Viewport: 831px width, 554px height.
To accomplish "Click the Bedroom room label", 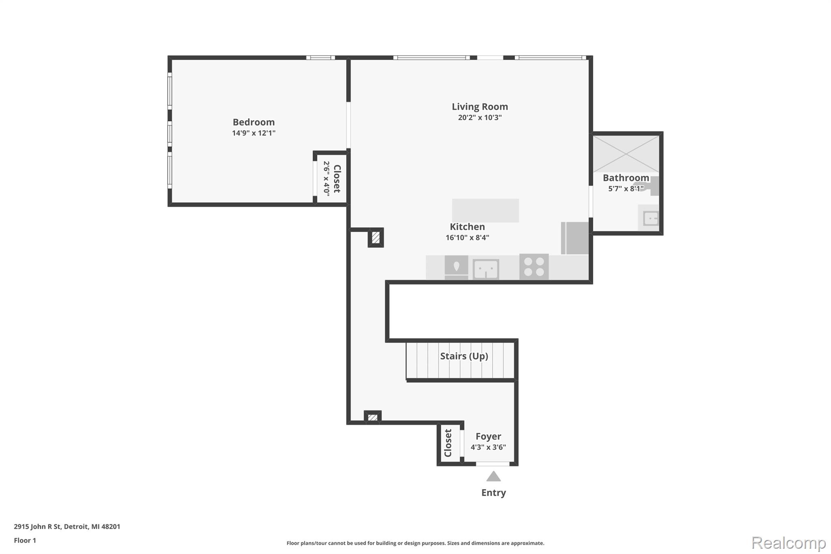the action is tap(254, 122).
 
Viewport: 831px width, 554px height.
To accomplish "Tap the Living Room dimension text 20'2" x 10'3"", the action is tap(480, 118).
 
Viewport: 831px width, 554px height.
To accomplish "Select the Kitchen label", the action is tap(467, 227).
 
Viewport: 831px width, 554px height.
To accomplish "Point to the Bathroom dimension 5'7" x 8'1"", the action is tap(626, 189).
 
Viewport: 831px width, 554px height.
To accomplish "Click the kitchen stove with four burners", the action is tap(534, 267).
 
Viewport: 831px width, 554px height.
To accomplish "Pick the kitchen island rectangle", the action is tap(485, 210).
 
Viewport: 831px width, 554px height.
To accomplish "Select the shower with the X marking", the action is tap(626, 154).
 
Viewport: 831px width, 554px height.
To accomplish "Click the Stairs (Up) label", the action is tap(464, 356).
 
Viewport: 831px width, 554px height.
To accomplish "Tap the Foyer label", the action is tap(488, 437).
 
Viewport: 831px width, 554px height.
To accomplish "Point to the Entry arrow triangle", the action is tap(493, 476).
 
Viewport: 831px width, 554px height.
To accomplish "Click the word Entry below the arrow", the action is tap(493, 493).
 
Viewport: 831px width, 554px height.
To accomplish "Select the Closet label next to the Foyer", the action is tap(448, 443).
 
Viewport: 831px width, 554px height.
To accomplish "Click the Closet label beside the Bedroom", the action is tap(337, 179).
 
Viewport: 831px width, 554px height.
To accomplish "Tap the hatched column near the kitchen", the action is tap(376, 237).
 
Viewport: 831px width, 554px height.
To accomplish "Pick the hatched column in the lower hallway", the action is tap(372, 417).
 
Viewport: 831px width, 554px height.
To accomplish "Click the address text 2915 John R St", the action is tap(38, 527).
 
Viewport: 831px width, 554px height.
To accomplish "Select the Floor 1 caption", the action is tap(25, 541).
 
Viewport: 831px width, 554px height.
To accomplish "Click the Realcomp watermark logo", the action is tap(788, 543).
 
